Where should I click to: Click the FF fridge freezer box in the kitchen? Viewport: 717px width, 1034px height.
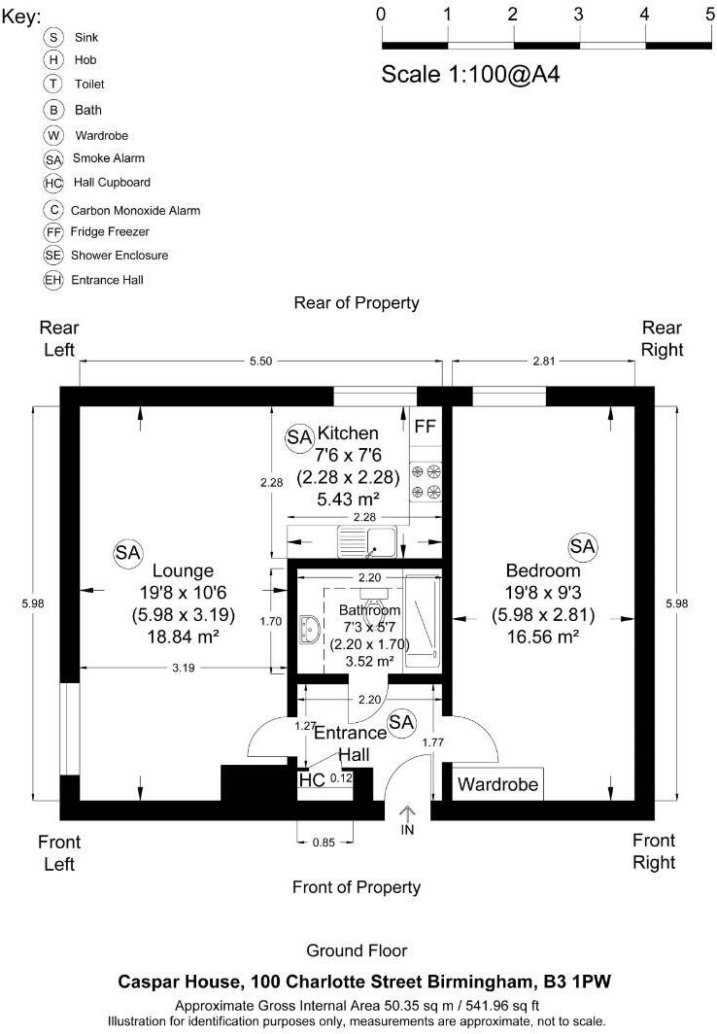point(426,427)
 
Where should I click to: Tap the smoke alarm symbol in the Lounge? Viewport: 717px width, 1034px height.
point(127,553)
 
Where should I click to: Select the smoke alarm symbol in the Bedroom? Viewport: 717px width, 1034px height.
point(582,547)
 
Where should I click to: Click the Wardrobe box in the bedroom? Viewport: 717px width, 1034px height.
point(498,783)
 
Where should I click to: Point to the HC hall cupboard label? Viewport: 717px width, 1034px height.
point(312,779)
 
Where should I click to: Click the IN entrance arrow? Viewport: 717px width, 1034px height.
point(407,819)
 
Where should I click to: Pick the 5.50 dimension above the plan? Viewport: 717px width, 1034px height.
point(259,361)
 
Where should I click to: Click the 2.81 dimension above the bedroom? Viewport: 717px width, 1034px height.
point(543,361)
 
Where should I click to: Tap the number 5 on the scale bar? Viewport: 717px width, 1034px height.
point(710,15)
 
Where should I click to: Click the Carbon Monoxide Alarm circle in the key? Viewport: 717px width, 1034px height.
point(53,209)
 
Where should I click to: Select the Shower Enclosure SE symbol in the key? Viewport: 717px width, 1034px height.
point(53,256)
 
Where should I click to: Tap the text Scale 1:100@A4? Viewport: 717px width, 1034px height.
point(471,75)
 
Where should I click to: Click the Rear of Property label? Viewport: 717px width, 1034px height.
point(357,303)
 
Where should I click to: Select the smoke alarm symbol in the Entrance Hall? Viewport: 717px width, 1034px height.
point(401,721)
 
